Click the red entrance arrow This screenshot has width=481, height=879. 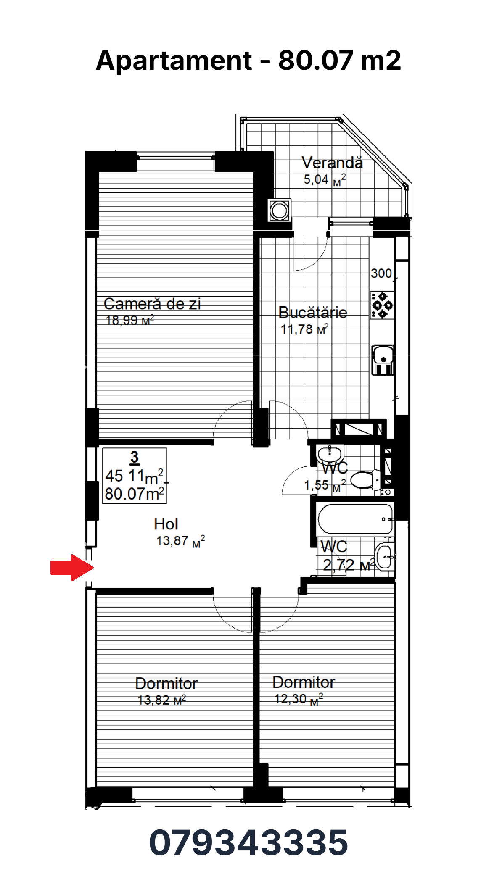point(72,568)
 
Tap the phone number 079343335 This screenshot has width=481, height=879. point(248,842)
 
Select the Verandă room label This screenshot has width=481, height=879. point(332,163)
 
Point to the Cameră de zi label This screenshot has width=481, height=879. point(152,304)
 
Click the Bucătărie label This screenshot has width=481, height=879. point(313,312)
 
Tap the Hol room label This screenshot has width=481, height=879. point(166,524)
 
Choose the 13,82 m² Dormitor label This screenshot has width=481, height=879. point(166,684)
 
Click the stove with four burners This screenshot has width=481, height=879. point(382,305)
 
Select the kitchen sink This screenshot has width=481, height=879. point(383,360)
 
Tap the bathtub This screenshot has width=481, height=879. point(356,519)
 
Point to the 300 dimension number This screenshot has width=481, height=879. point(381,274)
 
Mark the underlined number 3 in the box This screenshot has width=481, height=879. point(135,457)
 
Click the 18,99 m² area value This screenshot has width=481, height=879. point(130,320)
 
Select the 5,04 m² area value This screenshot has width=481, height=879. point(324,180)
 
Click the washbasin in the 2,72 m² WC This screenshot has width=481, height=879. point(385,557)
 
